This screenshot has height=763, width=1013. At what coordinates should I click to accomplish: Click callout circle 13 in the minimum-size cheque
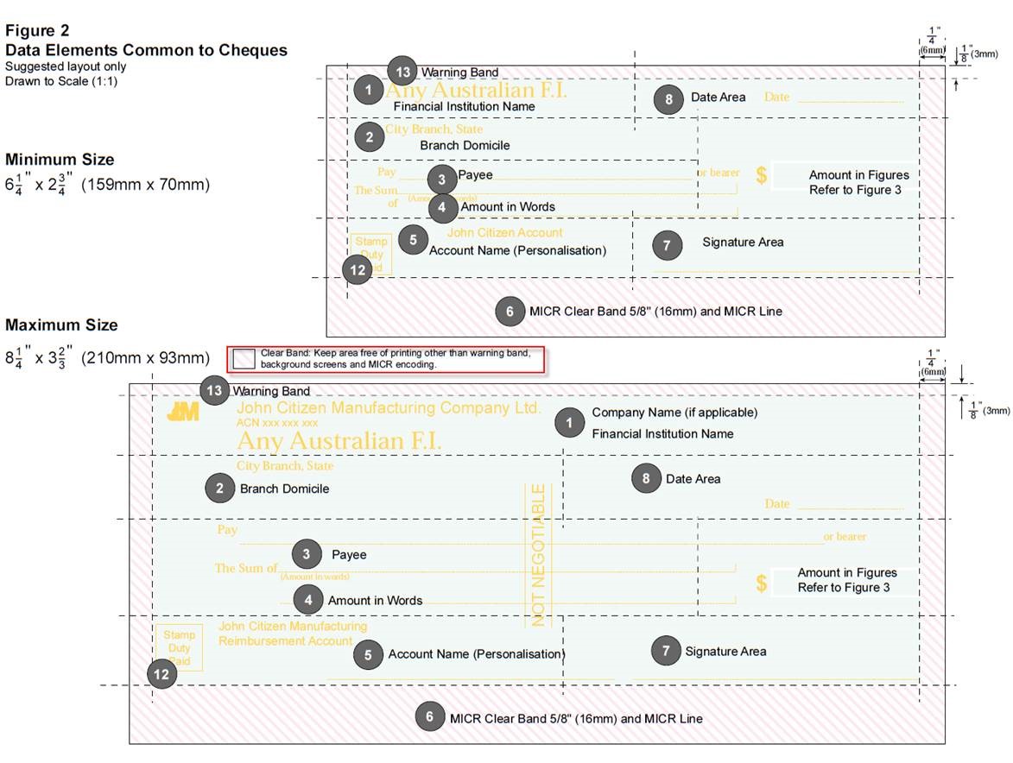(402, 72)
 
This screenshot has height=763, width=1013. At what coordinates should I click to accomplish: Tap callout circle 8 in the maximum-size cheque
(646, 478)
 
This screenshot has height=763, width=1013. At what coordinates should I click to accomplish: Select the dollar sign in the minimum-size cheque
(761, 175)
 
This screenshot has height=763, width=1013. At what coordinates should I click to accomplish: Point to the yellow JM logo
(183, 411)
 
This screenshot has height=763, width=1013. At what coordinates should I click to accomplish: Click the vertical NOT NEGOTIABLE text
(538, 554)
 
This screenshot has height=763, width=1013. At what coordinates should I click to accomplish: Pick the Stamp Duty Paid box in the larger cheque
(179, 647)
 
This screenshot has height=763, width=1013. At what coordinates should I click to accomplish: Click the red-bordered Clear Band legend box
(385, 359)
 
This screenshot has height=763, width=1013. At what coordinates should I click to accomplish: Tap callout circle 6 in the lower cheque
(429, 716)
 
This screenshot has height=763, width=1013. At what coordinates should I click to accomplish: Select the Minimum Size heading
(60, 160)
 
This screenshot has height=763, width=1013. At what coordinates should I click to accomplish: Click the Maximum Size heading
(61, 325)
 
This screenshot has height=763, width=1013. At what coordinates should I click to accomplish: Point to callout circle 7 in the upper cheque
(667, 244)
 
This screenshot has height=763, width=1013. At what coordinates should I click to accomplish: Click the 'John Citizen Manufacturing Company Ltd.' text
(389, 407)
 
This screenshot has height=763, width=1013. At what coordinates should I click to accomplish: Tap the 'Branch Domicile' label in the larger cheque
(284, 489)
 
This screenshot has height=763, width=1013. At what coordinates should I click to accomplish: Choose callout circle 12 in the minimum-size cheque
(358, 270)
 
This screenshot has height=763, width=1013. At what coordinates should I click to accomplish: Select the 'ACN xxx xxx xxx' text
(277, 423)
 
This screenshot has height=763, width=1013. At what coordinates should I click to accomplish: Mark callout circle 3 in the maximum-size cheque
(307, 554)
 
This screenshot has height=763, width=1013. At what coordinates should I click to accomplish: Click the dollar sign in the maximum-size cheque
(761, 583)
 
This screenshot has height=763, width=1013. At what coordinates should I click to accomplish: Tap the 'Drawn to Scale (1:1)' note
(61, 81)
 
